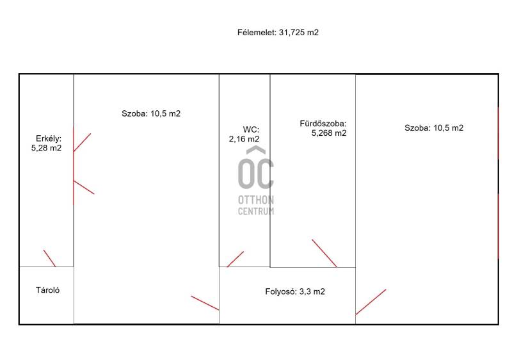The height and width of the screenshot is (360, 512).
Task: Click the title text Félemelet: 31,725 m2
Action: [x=278, y=33]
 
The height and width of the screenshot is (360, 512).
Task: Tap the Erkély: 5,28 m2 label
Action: [x=46, y=143]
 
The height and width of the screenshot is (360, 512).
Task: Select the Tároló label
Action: [x=47, y=290]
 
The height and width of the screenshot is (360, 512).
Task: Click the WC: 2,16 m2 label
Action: [x=244, y=135]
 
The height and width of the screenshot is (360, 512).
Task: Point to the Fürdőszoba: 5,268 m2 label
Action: [x=323, y=128]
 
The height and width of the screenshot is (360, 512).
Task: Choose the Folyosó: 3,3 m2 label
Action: [x=295, y=291]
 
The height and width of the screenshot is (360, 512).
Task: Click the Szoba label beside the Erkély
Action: [x=151, y=113]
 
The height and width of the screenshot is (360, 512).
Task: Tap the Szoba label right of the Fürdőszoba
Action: [x=434, y=127]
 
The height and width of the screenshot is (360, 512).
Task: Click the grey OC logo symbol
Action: [x=256, y=168]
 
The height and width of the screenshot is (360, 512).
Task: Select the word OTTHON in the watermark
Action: [x=256, y=200]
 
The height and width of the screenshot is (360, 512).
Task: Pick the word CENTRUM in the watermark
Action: [x=256, y=211]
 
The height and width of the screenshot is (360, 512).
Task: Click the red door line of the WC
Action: [x=235, y=259]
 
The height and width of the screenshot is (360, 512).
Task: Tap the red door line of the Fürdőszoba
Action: [x=324, y=253]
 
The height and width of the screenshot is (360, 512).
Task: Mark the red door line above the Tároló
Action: [x=50, y=258]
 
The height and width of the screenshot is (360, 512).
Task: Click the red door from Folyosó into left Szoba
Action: [x=205, y=303]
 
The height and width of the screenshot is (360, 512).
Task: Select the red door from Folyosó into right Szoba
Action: [x=371, y=302]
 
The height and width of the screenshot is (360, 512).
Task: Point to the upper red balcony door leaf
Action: [x=82, y=142]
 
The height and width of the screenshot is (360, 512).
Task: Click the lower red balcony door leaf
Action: [x=84, y=187]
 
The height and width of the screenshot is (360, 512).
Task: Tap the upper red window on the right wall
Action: [x=499, y=133]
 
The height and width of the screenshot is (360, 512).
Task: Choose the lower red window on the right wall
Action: [x=499, y=226]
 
